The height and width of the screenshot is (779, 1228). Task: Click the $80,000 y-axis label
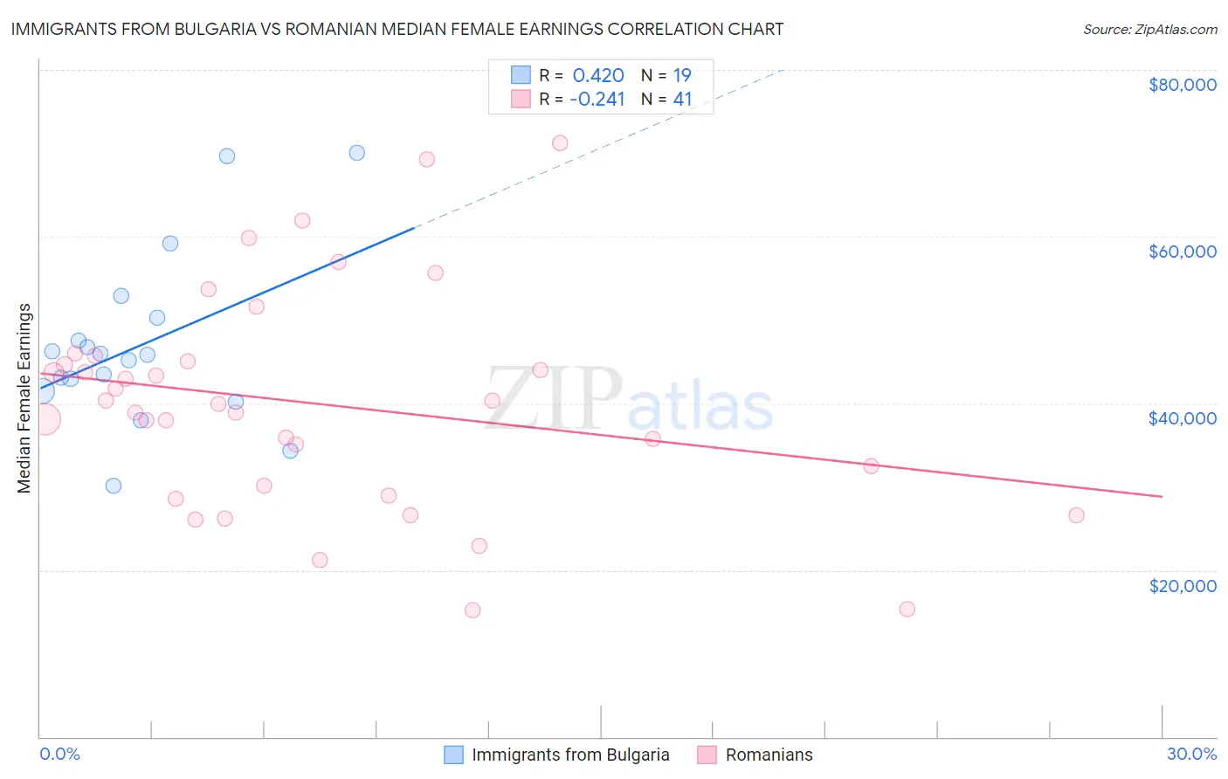pyautogui.click(x=1183, y=85)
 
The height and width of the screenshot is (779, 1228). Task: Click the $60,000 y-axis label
pyautogui.click(x=1183, y=252)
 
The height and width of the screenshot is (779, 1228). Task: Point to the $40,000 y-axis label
pyautogui.click(x=1183, y=418)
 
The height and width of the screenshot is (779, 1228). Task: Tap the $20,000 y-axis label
pyautogui.click(x=1183, y=585)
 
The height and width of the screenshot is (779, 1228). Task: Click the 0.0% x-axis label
pyautogui.click(x=59, y=754)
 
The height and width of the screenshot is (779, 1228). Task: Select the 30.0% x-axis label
pyautogui.click(x=1191, y=754)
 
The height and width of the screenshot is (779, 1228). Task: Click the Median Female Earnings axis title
pyautogui.click(x=24, y=398)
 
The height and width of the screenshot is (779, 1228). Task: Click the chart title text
pyautogui.click(x=397, y=29)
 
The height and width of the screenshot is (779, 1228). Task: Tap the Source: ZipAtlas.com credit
pyautogui.click(x=1149, y=29)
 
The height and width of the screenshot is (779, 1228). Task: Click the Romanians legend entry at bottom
pyautogui.click(x=769, y=755)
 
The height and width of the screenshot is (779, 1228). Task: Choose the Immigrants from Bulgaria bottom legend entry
pyautogui.click(x=570, y=755)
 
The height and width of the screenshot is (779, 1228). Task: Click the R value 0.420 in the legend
pyautogui.click(x=598, y=75)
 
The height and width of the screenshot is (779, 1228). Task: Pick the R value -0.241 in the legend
pyautogui.click(x=597, y=100)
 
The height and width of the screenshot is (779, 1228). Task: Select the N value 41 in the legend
pyautogui.click(x=682, y=100)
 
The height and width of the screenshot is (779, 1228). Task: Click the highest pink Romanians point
pyautogui.click(x=560, y=143)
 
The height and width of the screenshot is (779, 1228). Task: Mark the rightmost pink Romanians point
pyautogui.click(x=1076, y=515)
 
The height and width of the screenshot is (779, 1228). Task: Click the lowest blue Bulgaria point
pyautogui.click(x=114, y=486)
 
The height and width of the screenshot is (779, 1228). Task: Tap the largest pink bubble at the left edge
pyautogui.click(x=43, y=419)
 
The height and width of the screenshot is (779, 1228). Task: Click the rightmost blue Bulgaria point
pyautogui.click(x=356, y=153)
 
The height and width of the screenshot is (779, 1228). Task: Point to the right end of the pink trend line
pyautogui.click(x=1162, y=496)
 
